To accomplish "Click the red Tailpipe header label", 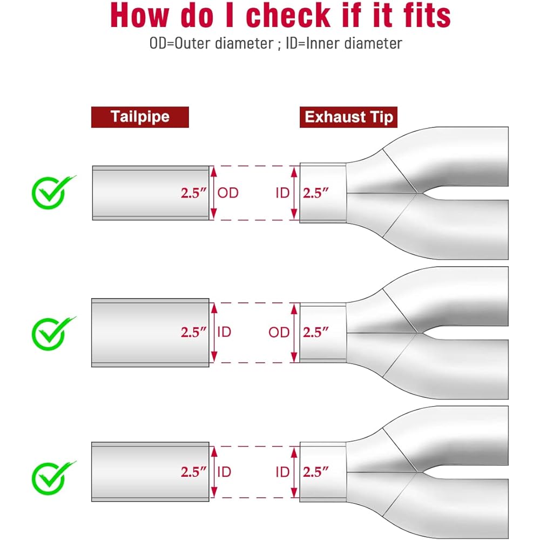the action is click(140, 117).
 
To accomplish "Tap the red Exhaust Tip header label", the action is click(348, 117).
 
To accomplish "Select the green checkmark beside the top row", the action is click(53, 192).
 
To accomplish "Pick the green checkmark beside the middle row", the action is click(53, 333).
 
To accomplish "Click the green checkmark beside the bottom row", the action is click(53, 478).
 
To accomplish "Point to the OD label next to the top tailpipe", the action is click(228, 193).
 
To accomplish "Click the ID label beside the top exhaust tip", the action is click(282, 193).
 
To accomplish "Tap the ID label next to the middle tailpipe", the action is click(224, 332).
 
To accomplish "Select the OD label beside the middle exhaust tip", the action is click(279, 332).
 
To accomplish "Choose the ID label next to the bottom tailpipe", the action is click(224, 472).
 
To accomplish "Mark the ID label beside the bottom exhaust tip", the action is click(282, 472).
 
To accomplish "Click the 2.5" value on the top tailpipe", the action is click(193, 193).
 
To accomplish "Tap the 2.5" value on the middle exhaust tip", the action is click(315, 332).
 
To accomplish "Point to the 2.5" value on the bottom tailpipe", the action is click(193, 472).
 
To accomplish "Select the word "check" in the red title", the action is click(288, 15).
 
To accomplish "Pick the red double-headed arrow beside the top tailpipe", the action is click(213, 193).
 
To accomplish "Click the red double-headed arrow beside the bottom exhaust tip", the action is click(294, 472).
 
